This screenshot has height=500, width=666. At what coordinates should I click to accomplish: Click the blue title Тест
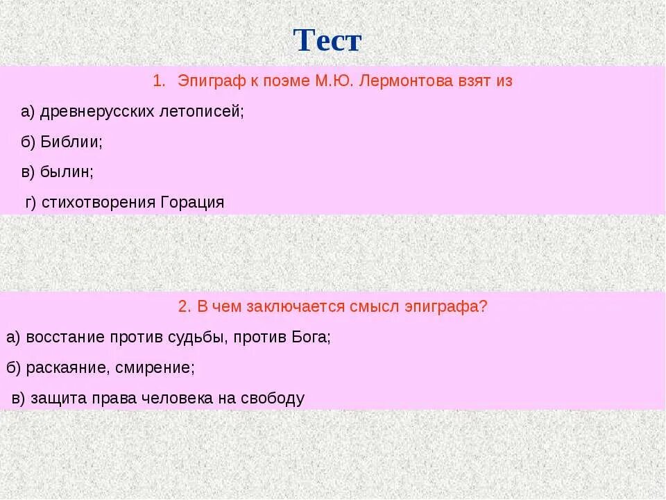(x=327, y=41)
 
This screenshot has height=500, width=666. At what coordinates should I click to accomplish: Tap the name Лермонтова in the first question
(x=398, y=81)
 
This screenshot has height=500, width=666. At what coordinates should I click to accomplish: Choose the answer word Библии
(x=71, y=142)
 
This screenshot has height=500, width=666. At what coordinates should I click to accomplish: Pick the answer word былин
(x=67, y=172)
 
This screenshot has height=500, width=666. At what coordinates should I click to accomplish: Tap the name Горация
(x=192, y=202)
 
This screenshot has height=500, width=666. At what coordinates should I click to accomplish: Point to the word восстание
(x=65, y=337)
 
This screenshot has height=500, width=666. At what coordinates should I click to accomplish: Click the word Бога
(x=311, y=337)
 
